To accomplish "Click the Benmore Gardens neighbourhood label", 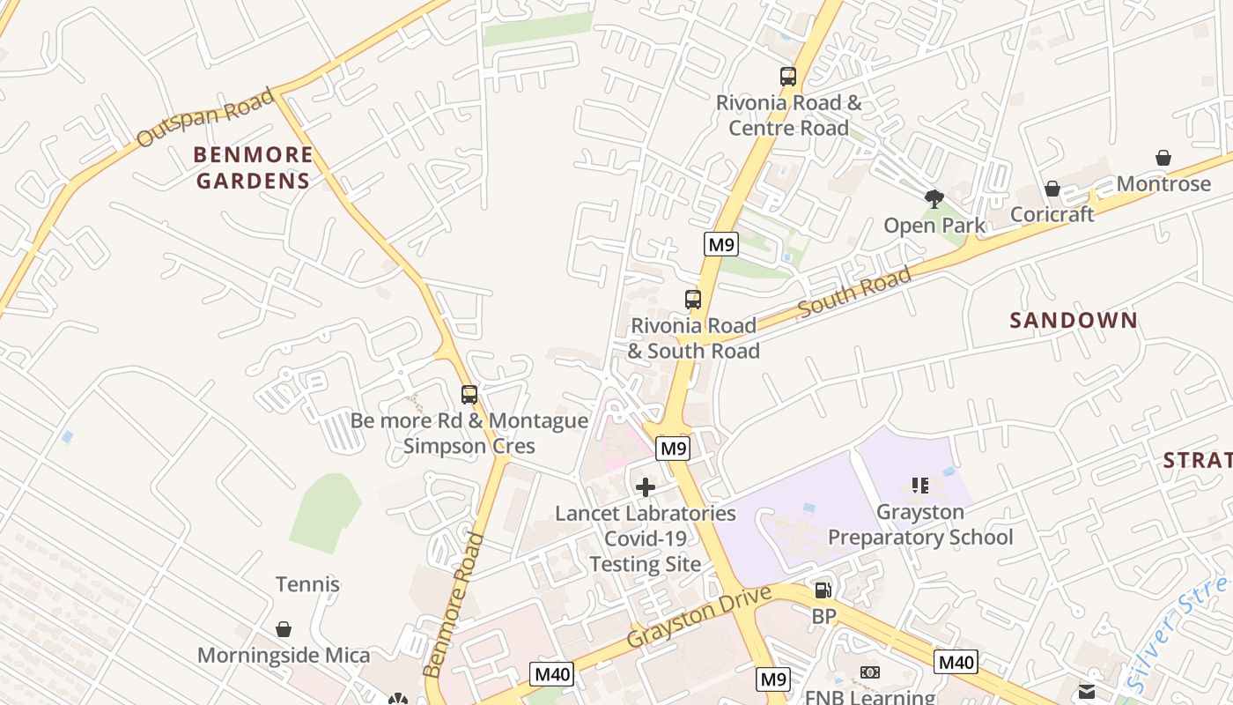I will (x=253, y=168).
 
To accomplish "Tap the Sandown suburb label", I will (x=1074, y=320).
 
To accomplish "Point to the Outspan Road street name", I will (x=205, y=118).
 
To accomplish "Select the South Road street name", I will (x=854, y=293).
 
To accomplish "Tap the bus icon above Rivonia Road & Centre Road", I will (x=787, y=77).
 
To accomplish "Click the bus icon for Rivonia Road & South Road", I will (x=693, y=300).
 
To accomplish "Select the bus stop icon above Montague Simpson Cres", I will (x=469, y=395).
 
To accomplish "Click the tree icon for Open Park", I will (x=934, y=200).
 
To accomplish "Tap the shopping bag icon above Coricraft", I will (x=1052, y=189).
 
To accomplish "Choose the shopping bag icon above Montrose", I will (x=1163, y=159).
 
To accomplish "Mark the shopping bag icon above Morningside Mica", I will (x=284, y=629).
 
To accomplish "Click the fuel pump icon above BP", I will (x=823, y=590).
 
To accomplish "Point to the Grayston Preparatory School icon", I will (x=920, y=486).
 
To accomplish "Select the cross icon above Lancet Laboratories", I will (x=646, y=487).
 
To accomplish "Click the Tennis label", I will (x=307, y=584).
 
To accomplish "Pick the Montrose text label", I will (x=1163, y=184).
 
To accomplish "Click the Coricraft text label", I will (x=1052, y=214).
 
